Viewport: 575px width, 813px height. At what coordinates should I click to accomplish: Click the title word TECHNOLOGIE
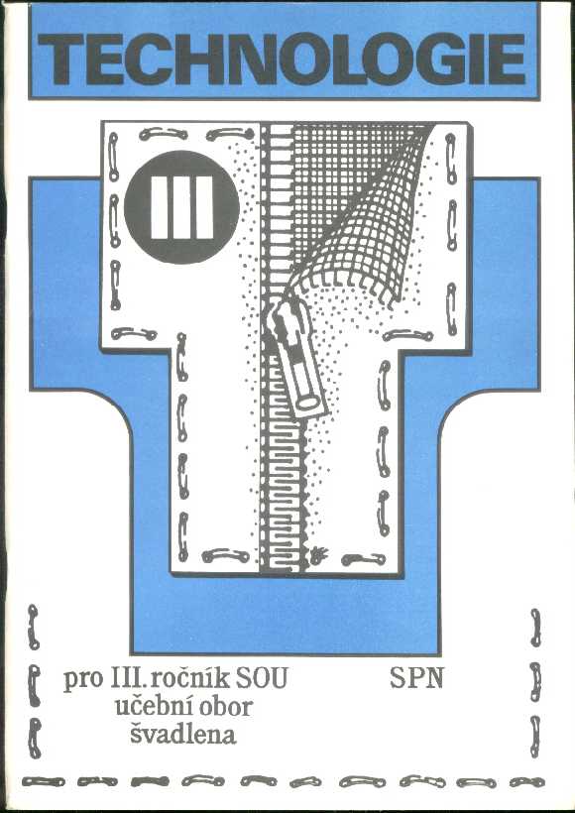coord(284,59)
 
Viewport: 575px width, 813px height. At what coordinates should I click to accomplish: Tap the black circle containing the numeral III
coord(181,207)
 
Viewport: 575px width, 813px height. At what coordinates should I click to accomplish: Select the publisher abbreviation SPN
coord(416,678)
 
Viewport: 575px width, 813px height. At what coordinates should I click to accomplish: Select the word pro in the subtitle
coord(83,681)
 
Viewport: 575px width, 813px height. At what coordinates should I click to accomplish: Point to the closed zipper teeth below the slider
coord(282,493)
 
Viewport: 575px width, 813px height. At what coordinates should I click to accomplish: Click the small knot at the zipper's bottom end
coord(317,556)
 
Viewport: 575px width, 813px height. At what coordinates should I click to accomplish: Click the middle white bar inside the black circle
coord(181,207)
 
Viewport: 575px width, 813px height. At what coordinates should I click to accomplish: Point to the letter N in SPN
coord(434,679)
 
